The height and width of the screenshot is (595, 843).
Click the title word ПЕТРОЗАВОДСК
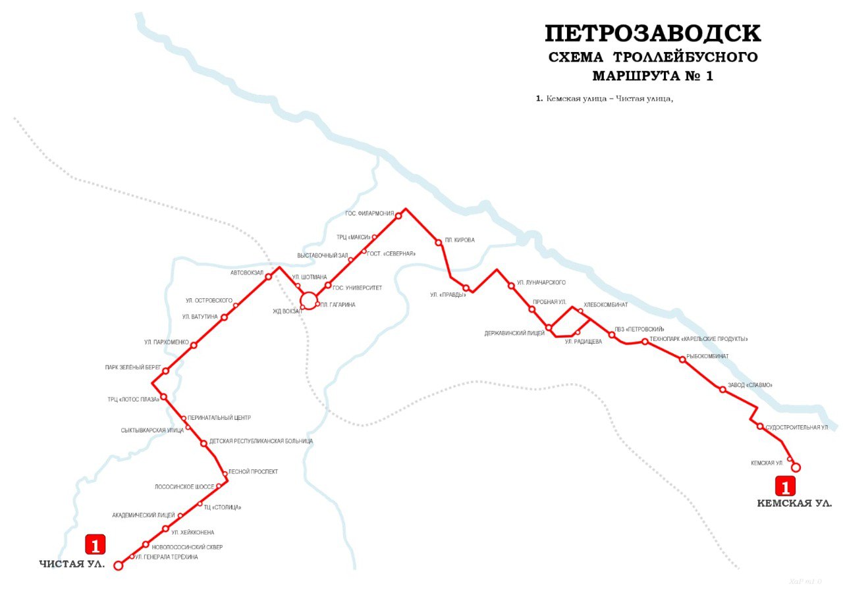tap(653, 34)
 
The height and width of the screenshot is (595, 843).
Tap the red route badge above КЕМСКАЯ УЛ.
tap(785, 486)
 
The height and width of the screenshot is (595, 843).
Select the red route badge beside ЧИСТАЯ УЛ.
tap(95, 545)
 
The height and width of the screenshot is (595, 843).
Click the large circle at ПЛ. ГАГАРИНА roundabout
tap(309, 301)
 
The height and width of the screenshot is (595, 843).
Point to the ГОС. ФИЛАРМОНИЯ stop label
tap(369, 213)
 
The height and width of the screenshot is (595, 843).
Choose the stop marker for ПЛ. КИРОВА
tap(439, 242)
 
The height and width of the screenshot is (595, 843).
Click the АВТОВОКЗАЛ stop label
tap(247, 272)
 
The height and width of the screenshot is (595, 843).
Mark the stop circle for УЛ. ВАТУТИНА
tap(224, 317)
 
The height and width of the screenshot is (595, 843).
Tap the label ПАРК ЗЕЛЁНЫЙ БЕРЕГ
tap(133, 367)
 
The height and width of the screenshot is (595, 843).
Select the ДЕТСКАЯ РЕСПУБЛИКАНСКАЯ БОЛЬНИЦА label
tap(261, 441)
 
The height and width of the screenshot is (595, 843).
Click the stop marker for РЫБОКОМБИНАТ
tap(683, 359)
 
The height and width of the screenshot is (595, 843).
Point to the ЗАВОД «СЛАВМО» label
tap(749, 385)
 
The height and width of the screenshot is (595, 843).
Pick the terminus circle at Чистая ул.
tap(119, 565)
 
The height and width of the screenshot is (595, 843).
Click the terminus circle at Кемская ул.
tap(796, 467)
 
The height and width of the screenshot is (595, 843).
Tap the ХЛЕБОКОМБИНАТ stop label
tap(605, 305)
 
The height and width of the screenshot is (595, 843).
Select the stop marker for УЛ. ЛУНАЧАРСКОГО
tap(511, 286)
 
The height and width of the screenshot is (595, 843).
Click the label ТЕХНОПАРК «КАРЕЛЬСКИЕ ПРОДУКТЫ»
tap(699, 339)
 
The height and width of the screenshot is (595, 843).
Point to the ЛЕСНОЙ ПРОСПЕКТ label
tap(253, 471)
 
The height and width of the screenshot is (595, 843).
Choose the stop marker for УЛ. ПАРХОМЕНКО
tap(194, 345)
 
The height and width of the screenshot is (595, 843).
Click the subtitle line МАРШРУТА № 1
tap(653, 76)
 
